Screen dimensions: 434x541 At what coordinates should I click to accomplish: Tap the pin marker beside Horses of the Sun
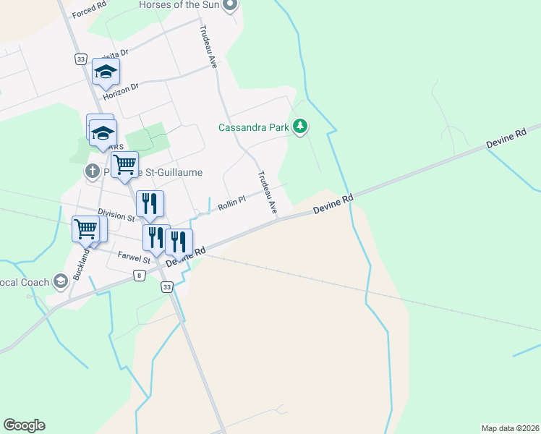point(230,5)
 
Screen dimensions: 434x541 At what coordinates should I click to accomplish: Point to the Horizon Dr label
point(120,90)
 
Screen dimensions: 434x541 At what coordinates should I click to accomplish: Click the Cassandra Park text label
point(254,128)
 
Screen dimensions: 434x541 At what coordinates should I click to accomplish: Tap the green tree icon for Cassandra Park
point(300,128)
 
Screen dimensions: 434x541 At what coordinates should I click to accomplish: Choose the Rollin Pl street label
point(232,202)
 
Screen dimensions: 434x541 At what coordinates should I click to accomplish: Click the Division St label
point(116,215)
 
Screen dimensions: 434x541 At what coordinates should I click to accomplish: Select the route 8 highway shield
point(139,276)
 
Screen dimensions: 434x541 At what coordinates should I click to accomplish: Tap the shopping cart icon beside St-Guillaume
point(124,164)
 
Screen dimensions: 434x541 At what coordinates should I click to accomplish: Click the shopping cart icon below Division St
point(86,229)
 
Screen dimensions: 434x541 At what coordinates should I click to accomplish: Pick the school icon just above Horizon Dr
point(106,71)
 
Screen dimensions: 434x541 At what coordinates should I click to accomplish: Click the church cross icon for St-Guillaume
point(91,172)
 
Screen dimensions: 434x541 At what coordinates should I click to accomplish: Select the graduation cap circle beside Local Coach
point(61,281)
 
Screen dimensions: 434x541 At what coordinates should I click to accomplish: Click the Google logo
point(24,425)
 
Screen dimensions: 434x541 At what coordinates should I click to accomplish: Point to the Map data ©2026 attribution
point(509,427)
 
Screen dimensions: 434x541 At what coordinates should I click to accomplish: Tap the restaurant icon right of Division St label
point(149,204)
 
